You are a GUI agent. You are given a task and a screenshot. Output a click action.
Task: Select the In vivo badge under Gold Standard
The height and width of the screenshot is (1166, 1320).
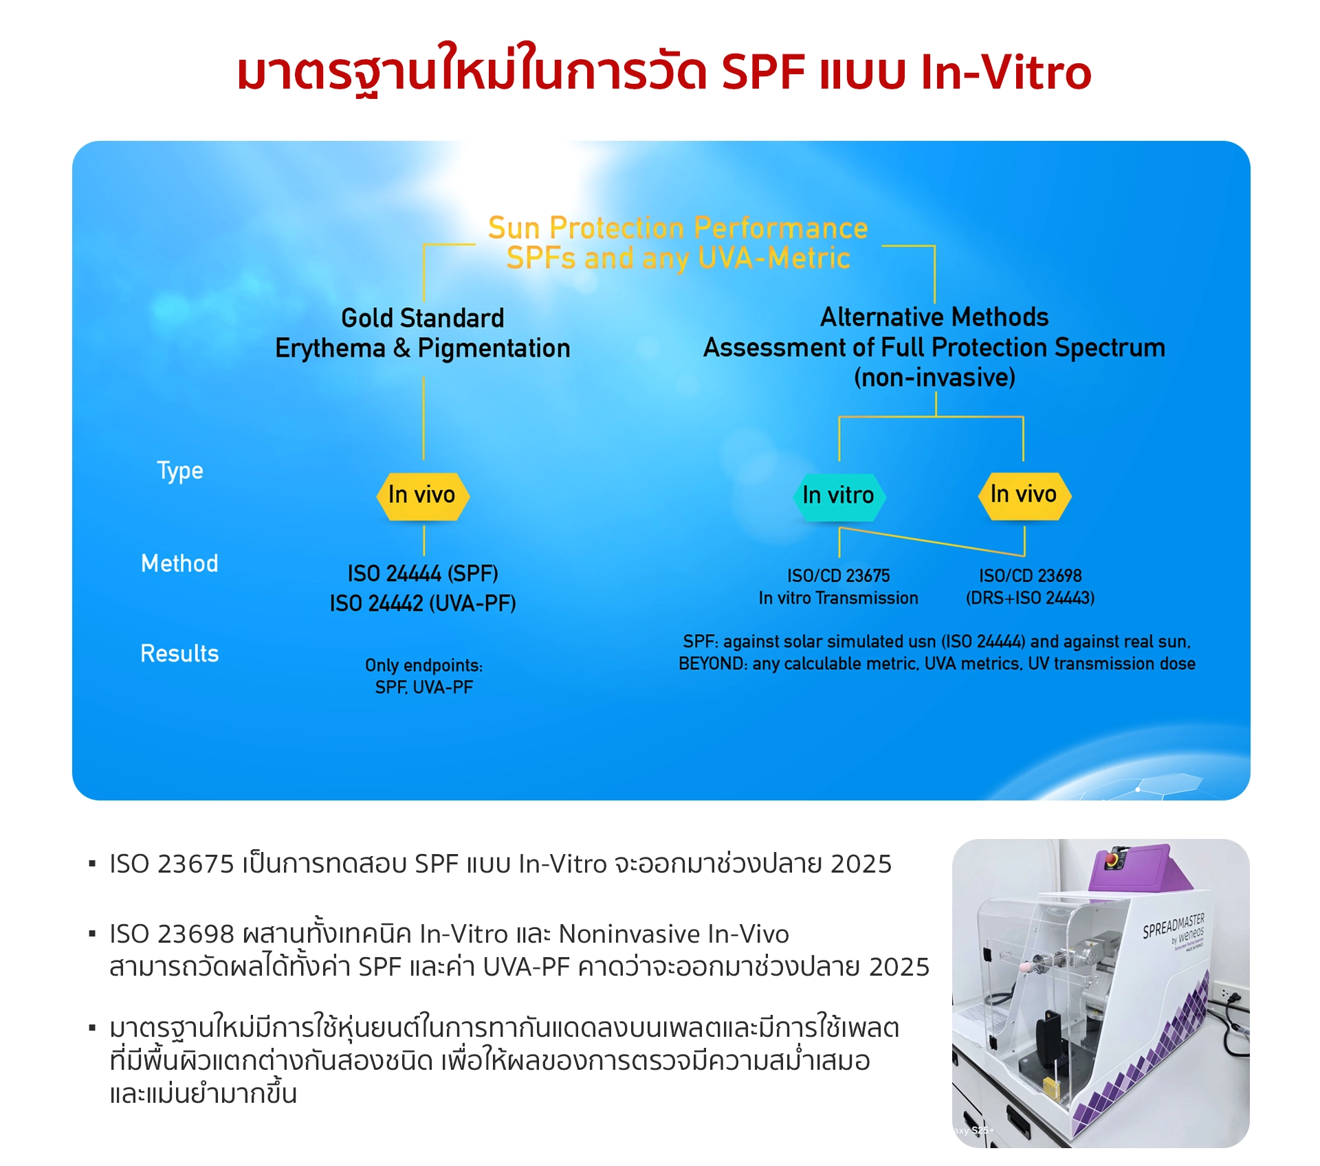tap(423, 496)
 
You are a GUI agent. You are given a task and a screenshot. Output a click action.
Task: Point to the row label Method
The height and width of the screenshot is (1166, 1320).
tap(179, 563)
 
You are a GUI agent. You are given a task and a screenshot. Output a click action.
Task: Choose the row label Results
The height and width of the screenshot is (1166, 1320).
tap(179, 653)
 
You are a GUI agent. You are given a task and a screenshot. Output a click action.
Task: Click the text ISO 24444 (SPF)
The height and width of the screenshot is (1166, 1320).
tap(423, 574)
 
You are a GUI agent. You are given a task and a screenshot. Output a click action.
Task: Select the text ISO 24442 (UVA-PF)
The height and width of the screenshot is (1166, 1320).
tap(423, 604)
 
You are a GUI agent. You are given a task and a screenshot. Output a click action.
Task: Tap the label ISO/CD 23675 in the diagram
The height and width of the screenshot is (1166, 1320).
tap(839, 576)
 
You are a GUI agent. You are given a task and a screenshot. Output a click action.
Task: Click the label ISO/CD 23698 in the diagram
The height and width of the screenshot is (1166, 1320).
tap(1031, 576)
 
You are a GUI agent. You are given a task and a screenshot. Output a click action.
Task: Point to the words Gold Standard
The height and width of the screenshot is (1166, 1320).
tap(423, 318)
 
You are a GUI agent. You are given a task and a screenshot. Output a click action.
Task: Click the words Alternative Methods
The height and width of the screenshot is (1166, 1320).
tap(934, 317)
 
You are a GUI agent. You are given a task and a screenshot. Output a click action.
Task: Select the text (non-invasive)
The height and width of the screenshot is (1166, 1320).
tap(934, 378)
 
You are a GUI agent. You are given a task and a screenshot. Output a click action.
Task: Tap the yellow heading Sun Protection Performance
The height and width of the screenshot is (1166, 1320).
tap(678, 228)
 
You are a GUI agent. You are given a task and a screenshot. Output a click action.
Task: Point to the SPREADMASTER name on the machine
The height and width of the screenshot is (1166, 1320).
tap(1174, 926)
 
